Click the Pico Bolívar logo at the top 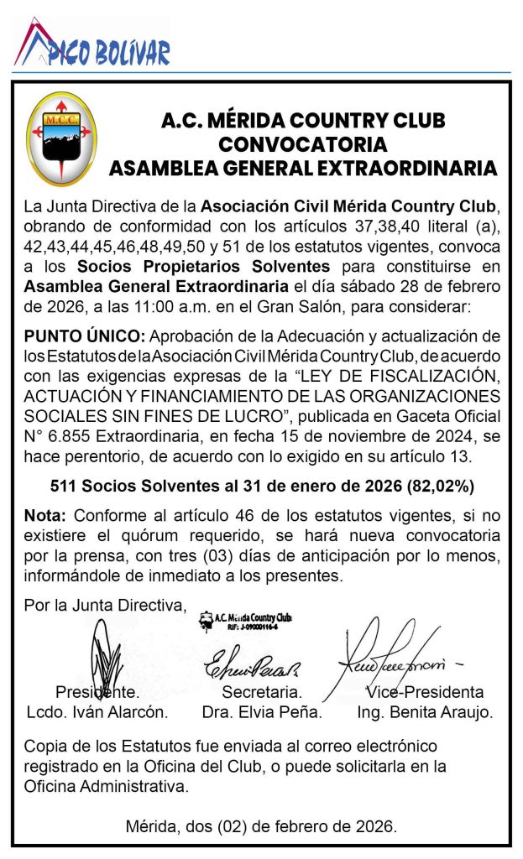click(x=92, y=46)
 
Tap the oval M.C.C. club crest click(x=61, y=138)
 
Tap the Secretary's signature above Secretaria click(x=253, y=665)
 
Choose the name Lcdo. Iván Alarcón click(x=97, y=713)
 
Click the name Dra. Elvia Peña click(x=262, y=713)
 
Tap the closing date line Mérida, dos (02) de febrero click(x=261, y=826)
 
